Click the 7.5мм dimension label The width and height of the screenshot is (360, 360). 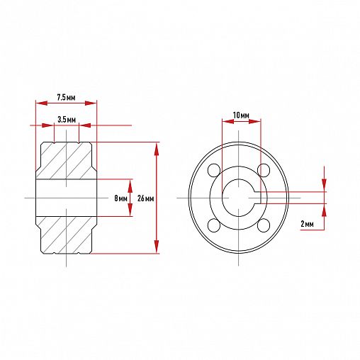[x=66, y=97]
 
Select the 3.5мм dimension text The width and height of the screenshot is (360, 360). [x=67, y=120]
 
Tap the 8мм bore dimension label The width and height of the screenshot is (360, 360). [x=120, y=198]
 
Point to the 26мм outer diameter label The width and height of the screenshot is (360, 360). [x=145, y=198]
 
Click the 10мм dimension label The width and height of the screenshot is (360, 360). [x=241, y=116]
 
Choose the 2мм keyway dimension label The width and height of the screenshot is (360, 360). [x=307, y=223]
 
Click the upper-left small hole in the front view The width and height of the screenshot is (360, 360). [x=214, y=170]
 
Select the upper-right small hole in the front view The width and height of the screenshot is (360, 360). [x=264, y=170]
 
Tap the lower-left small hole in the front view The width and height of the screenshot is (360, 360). [x=214, y=225]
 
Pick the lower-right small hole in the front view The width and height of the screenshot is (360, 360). [x=264, y=225]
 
